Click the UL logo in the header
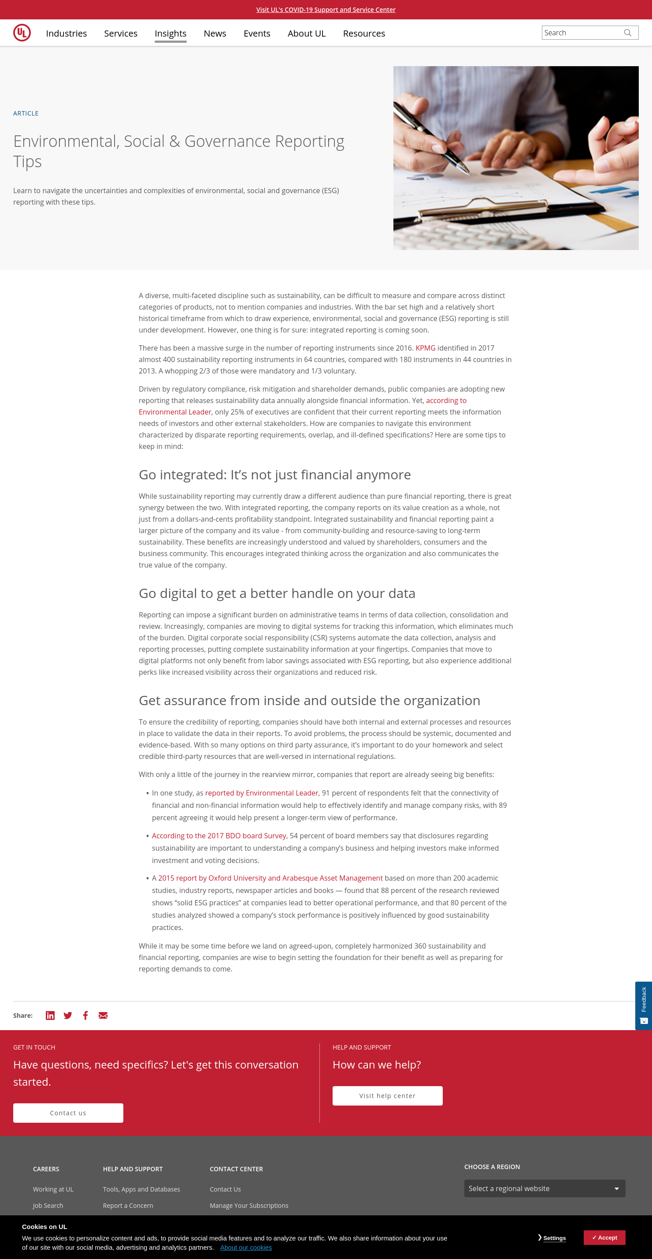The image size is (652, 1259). pos(22,33)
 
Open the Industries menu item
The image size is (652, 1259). pos(67,33)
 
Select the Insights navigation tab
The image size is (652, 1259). pos(170,33)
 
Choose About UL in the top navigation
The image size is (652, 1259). pos(306,33)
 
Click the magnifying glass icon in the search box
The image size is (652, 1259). pos(628,33)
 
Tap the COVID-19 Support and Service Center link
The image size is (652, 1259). pos(326,10)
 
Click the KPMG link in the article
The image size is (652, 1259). pos(425,348)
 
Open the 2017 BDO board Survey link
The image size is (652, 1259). pos(219,836)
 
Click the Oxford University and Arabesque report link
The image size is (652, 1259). pos(270,878)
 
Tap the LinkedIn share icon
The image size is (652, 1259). pos(50,1016)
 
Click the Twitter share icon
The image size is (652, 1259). pos(68,1016)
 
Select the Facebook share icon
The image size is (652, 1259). pos(85,1016)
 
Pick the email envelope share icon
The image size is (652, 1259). pos(103,1016)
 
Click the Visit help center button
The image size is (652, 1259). pos(387,1096)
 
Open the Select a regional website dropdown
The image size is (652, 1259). pos(545,1188)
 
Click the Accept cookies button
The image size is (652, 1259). pos(604,1237)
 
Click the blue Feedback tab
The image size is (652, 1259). pos(644,1005)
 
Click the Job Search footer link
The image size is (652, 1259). pos(48,1206)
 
